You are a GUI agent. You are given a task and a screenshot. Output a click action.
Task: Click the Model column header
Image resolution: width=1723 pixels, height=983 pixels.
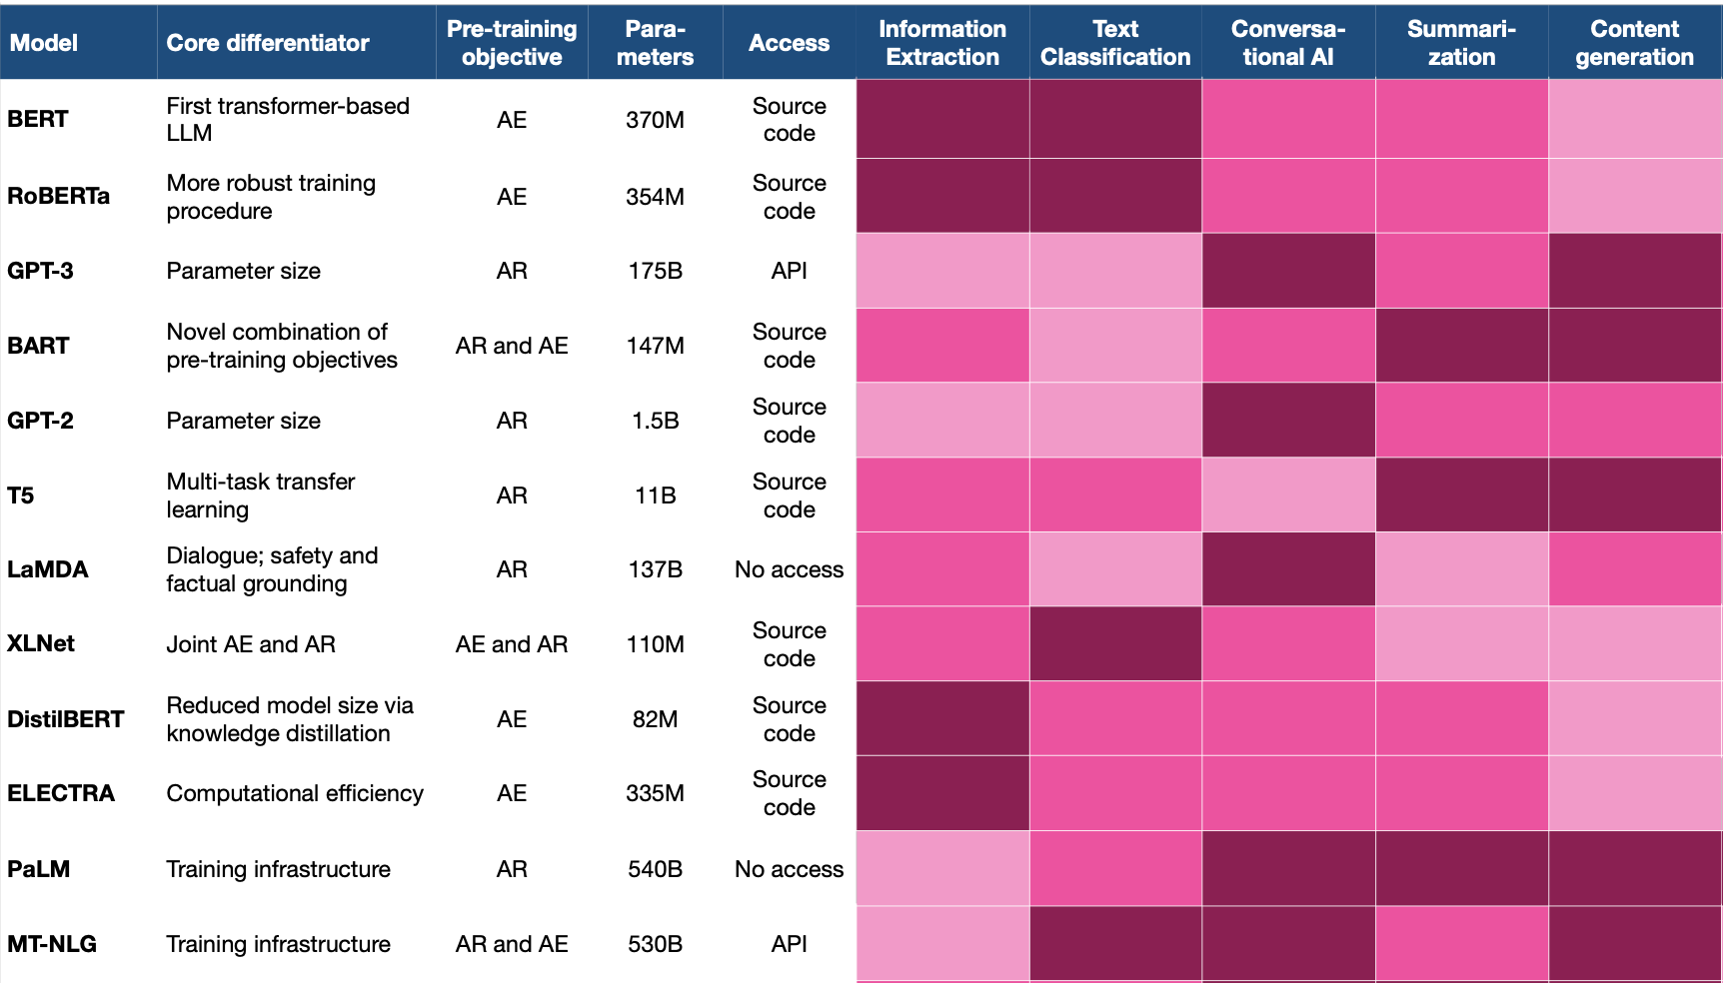[x=44, y=43]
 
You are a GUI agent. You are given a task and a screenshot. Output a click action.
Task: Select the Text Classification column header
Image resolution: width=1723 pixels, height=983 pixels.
[x=1115, y=43]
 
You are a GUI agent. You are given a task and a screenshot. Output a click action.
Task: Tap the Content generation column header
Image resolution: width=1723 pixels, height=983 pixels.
[x=1634, y=43]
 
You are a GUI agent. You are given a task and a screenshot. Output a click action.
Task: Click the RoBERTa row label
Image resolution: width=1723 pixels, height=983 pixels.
[x=58, y=196]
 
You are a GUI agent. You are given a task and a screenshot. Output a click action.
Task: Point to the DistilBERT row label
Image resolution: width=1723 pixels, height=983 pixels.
[x=66, y=719]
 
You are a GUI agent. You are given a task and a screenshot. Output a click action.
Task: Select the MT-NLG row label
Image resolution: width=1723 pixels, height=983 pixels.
[x=52, y=944]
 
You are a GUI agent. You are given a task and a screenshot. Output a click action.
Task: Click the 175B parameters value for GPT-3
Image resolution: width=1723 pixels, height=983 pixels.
[x=655, y=271]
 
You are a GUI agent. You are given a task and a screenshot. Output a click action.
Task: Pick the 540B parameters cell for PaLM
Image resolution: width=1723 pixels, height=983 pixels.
[x=655, y=869]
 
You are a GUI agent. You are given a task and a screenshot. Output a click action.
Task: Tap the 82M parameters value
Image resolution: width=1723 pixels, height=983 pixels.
[x=655, y=719]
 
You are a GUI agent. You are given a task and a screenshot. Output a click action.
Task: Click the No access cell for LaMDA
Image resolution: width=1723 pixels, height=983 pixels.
[x=789, y=569]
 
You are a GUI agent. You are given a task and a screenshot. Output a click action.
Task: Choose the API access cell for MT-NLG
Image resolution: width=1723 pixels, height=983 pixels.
[x=789, y=944]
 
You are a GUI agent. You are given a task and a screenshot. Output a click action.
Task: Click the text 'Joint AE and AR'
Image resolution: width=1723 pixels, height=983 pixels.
[x=251, y=644]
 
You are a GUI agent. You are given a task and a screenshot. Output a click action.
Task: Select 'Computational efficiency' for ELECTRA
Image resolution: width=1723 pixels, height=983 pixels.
[x=295, y=793]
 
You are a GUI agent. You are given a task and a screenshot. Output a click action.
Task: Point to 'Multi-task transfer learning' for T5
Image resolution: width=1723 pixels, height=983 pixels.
[x=261, y=495]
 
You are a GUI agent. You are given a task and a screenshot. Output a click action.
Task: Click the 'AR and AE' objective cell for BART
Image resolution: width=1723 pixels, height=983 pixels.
[x=512, y=346]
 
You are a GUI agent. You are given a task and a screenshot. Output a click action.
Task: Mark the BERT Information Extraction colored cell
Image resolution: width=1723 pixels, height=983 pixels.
[x=942, y=119]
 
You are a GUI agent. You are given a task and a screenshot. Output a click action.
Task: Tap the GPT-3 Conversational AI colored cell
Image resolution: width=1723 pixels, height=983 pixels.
[x=1288, y=271]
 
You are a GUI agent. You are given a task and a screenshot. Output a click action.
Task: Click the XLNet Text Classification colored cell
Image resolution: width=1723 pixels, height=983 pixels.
[x=1115, y=644]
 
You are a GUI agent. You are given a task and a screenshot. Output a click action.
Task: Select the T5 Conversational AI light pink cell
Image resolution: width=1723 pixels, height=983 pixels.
[x=1288, y=495]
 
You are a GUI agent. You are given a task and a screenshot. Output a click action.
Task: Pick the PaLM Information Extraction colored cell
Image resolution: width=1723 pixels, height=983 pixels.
[x=942, y=869]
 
